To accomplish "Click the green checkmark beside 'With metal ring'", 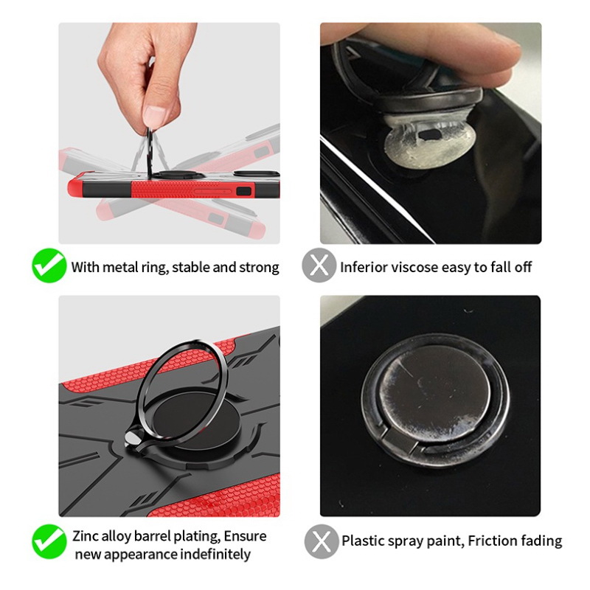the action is [x=49, y=265].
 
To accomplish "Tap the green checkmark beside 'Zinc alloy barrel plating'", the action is [x=49, y=541].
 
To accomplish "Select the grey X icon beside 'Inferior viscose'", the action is [x=319, y=265].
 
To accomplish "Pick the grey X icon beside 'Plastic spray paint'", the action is [x=322, y=541].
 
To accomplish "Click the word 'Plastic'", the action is [x=362, y=541].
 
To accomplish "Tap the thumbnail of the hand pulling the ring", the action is [x=170, y=133].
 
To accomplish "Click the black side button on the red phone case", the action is [x=243, y=191].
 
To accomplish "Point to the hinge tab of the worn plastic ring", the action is [x=399, y=440].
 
